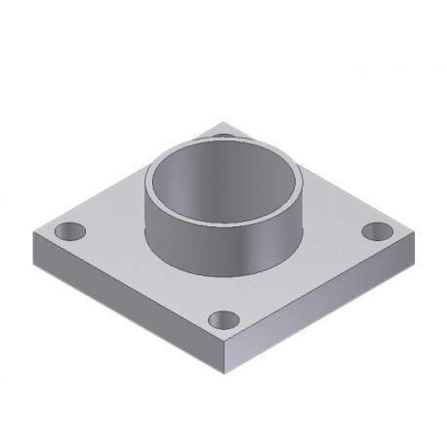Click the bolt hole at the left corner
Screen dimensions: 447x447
70,232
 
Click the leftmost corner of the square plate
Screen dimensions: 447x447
33,232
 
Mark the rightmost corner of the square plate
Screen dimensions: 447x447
413,230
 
